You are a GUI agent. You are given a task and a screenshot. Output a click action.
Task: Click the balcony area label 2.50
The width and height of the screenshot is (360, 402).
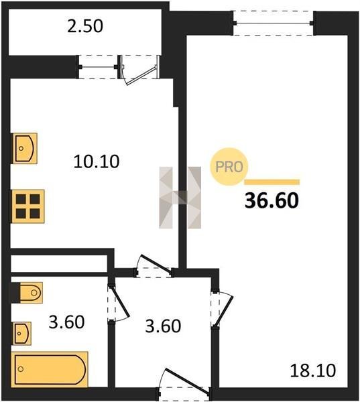point(85,26)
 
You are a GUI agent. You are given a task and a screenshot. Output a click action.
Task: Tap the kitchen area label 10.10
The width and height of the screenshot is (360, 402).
point(97,161)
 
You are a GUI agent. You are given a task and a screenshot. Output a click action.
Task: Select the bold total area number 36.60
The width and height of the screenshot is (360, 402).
point(272,200)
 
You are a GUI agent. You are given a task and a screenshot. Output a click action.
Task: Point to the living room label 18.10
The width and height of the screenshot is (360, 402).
point(313,371)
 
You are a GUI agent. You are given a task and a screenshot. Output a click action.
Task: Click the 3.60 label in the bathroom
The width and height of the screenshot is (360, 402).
point(66,322)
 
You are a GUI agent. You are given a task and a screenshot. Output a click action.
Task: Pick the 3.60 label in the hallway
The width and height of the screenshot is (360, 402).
point(163,326)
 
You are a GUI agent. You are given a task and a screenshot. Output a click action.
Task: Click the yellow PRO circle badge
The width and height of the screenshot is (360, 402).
point(229,167)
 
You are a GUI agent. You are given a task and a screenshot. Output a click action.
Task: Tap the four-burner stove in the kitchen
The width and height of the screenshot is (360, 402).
point(27,206)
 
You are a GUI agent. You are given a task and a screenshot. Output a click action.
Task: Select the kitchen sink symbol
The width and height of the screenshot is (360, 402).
point(24,149)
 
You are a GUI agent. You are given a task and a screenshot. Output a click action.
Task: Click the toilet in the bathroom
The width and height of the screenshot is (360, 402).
point(31,293)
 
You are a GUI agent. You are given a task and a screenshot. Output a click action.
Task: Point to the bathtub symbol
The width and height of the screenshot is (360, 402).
point(50,369)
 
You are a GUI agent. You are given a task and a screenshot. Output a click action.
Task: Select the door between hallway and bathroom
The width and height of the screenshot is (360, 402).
point(117,303)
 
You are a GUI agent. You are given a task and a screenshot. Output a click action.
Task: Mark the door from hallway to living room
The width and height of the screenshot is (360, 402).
point(221,308)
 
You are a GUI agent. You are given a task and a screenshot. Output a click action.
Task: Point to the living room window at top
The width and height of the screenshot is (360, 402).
point(274,23)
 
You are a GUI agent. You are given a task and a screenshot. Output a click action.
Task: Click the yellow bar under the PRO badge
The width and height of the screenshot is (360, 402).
point(272,182)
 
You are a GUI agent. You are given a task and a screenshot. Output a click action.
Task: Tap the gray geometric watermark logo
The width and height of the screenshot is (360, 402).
point(180,198)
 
